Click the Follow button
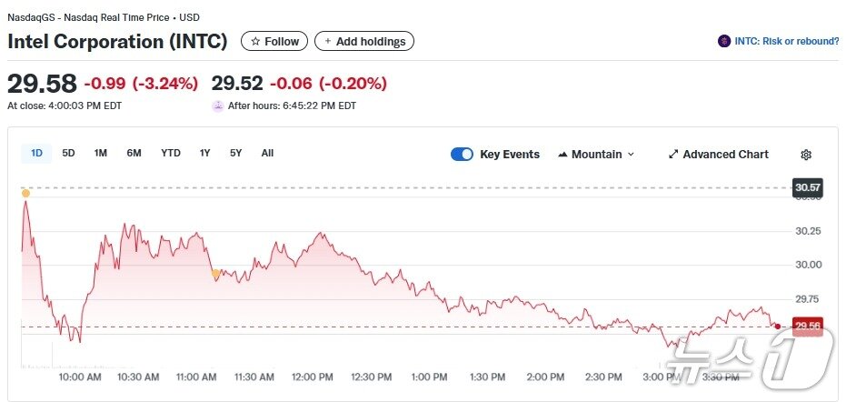[274, 41]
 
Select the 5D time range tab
[69, 153]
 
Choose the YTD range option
[171, 153]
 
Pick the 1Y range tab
[205, 153]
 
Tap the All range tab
[267, 153]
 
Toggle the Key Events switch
[462, 155]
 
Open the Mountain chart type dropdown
[596, 155]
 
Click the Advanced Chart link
[718, 155]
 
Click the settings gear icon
[806, 155]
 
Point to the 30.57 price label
[807, 188]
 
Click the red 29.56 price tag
[807, 327]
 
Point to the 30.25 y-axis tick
[807, 231]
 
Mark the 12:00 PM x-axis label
[313, 377]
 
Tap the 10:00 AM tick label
[79, 377]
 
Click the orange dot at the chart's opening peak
[25, 193]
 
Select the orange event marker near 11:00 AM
[215, 273]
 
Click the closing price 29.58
[42, 84]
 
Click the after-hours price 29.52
[237, 84]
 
